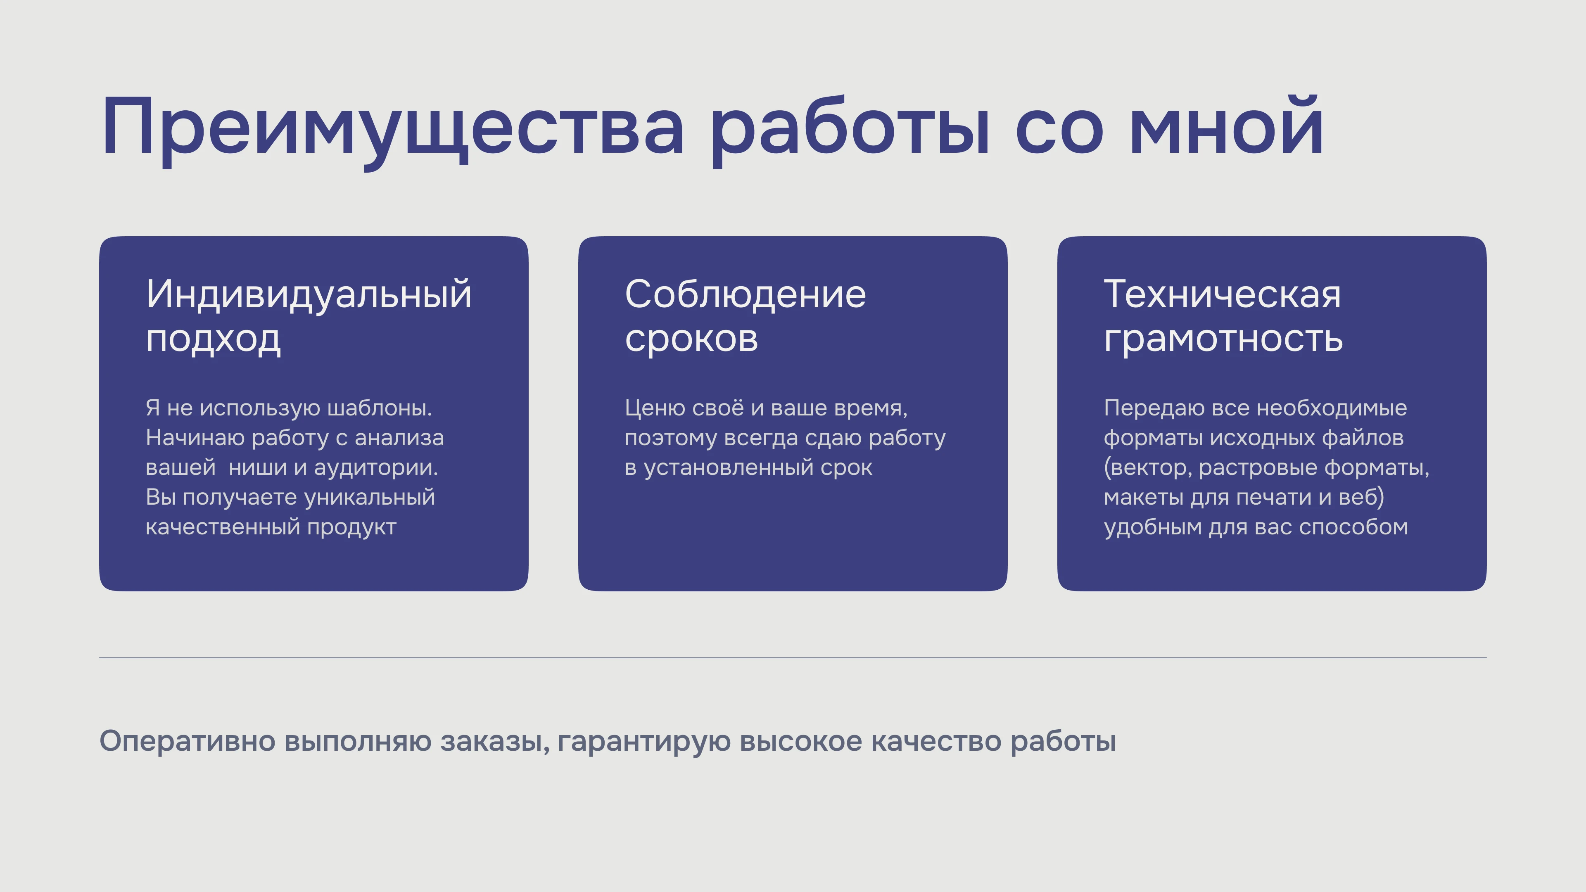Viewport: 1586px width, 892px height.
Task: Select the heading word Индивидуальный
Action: pyautogui.click(x=309, y=294)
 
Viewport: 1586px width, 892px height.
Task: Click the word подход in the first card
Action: pyautogui.click(x=213, y=339)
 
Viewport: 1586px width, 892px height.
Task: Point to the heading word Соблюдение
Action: pyautogui.click(x=745, y=294)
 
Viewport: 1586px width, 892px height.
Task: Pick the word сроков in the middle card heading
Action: pyautogui.click(x=691, y=339)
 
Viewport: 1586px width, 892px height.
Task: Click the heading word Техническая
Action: pyautogui.click(x=1222, y=294)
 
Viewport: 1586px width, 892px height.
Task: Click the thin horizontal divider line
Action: pyautogui.click(x=793, y=657)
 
